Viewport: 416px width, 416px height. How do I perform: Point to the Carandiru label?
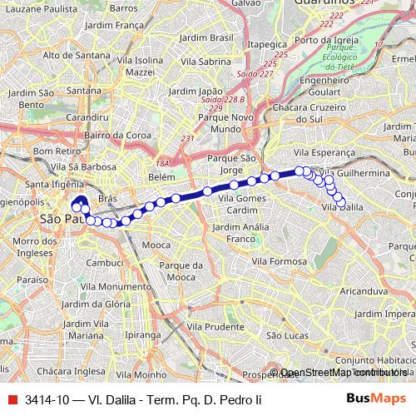[x=88, y=118]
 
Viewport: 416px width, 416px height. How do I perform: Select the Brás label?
[x=106, y=200]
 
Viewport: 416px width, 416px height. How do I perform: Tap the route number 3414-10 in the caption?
[x=47, y=399]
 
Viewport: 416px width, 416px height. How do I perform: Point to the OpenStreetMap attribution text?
[x=337, y=373]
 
